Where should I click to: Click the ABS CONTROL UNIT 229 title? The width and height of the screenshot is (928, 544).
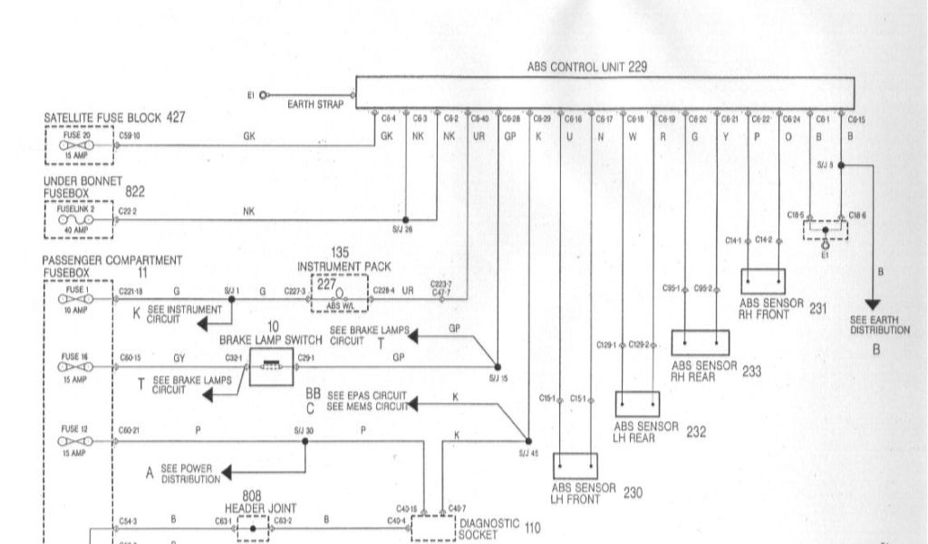point(586,67)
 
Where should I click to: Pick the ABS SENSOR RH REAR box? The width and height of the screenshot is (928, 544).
point(701,344)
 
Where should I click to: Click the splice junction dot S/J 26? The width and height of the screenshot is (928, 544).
point(406,219)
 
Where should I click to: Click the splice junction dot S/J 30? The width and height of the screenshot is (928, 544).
point(304,442)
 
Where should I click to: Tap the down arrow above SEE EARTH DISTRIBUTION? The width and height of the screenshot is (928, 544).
point(875,304)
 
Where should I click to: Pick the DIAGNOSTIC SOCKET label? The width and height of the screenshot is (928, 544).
point(489,529)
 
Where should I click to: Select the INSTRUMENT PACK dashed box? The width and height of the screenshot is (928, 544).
point(340,293)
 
